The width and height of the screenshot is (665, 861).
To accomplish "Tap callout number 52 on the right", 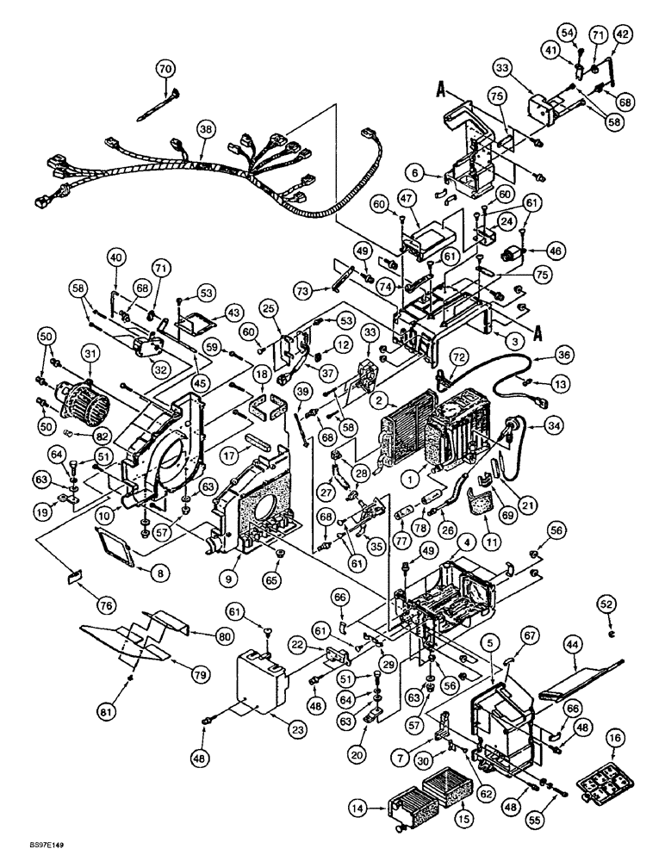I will (608, 605).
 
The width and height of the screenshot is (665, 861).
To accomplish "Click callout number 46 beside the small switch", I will (554, 251).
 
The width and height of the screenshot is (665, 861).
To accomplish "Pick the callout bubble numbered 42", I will (622, 34).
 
